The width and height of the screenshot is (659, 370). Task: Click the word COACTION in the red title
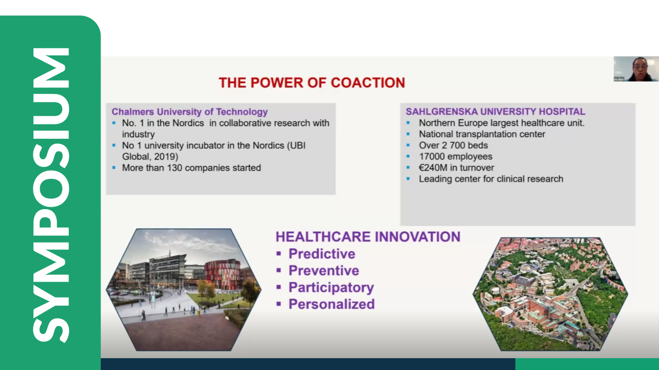368,83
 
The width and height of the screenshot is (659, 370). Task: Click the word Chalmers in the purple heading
133,112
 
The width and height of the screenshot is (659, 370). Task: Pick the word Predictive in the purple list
322,254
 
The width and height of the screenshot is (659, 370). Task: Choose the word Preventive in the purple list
324,271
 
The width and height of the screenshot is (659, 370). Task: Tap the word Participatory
331,288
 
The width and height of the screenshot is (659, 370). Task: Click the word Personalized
332,304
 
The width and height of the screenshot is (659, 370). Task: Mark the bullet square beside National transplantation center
408,134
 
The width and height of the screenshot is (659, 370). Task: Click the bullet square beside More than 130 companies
114,168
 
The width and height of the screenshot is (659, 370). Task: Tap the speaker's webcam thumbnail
636,69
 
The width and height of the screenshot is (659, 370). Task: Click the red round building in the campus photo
222,273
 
